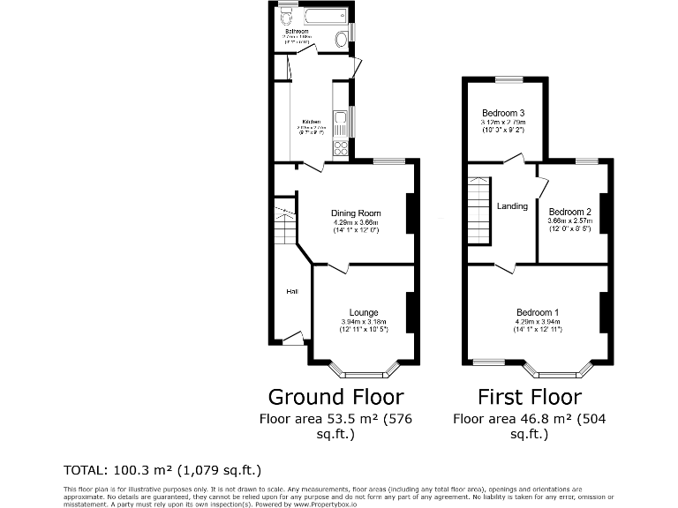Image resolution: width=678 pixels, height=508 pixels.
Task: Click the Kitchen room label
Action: [x=312, y=122]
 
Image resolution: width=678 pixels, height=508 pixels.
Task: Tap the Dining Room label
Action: [x=356, y=213]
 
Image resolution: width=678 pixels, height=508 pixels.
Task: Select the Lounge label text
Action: [x=364, y=312]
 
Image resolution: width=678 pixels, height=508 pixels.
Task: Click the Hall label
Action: [x=290, y=291]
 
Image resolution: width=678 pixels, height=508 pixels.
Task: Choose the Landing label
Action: [x=512, y=206]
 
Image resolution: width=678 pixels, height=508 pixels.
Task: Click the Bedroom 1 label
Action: [x=538, y=312]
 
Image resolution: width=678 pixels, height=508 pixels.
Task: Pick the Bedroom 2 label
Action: [x=569, y=212]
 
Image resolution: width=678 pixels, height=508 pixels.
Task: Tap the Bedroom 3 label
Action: [x=503, y=113]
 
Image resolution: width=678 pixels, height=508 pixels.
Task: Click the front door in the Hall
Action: [x=292, y=339]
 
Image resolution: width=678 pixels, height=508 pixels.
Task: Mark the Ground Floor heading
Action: [x=335, y=396]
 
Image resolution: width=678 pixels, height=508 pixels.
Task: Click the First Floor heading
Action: [x=530, y=396]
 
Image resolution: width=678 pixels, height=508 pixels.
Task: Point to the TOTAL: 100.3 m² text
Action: [x=162, y=469]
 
